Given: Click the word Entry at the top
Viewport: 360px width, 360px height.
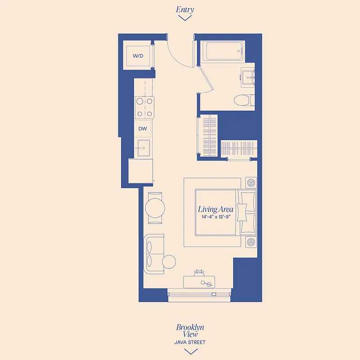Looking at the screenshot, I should [x=184, y=9].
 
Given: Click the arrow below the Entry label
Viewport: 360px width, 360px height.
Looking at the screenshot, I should [x=184, y=18].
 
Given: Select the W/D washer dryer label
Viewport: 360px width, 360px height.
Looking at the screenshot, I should [x=138, y=56].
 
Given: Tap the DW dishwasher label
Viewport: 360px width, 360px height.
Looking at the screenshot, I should [x=143, y=129].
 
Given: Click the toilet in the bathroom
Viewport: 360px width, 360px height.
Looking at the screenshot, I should [x=246, y=99].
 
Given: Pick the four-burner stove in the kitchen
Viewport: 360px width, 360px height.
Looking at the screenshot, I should [x=144, y=108].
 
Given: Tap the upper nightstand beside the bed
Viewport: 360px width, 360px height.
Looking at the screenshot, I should [x=251, y=183].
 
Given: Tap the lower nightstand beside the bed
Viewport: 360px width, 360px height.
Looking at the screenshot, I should [x=251, y=242].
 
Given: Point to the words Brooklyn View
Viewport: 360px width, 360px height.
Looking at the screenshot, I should [x=190, y=331].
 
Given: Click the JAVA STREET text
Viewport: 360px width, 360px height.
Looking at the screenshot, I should [x=190, y=342].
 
